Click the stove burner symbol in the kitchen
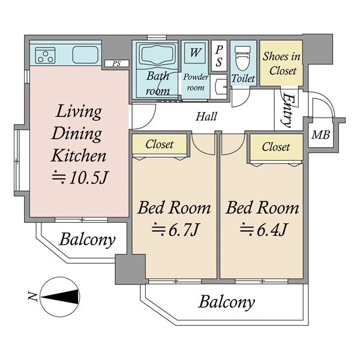coord(45,55)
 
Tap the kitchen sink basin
coord(85,55)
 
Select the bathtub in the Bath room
coord(157,56)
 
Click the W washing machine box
coord(195,53)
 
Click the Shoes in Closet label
coord(282,64)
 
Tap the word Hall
coord(206,116)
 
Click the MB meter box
coord(320,134)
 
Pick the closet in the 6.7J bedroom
coord(160,144)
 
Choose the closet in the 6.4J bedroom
coord(277,147)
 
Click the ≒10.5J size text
coord(79,178)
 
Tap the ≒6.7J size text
coord(175,230)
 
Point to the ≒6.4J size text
coord(263,230)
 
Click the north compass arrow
coord(59,297)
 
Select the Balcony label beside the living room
coord(87,240)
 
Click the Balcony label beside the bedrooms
coord(227,302)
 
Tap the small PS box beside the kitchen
coord(116,64)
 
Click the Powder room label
coord(196,82)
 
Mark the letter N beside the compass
coord(32,296)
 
